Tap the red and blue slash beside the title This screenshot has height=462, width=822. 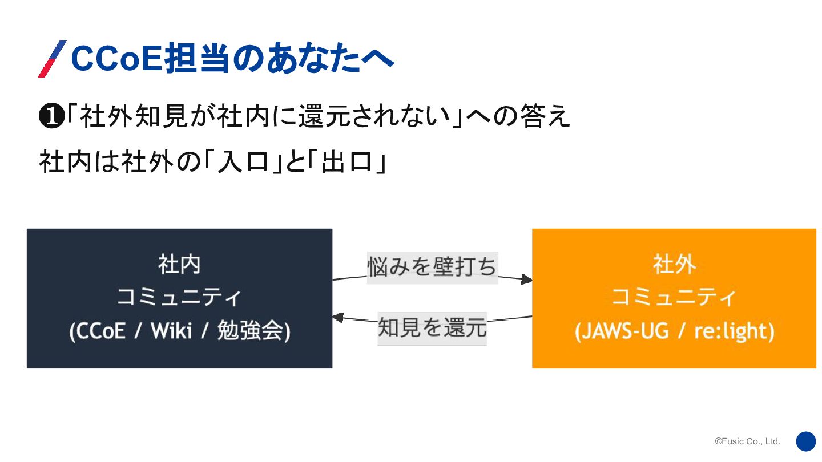tap(52, 59)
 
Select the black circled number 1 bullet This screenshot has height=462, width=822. tap(50, 117)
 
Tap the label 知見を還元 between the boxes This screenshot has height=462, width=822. tap(432, 328)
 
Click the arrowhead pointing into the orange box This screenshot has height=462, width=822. tap(526, 279)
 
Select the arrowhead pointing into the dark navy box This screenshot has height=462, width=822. tap(338, 318)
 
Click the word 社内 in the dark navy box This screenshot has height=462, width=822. tap(179, 265)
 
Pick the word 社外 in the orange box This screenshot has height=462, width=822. tap(674, 265)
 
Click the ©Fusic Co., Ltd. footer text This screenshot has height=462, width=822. tap(747, 441)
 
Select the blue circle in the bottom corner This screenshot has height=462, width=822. tap(806, 441)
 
